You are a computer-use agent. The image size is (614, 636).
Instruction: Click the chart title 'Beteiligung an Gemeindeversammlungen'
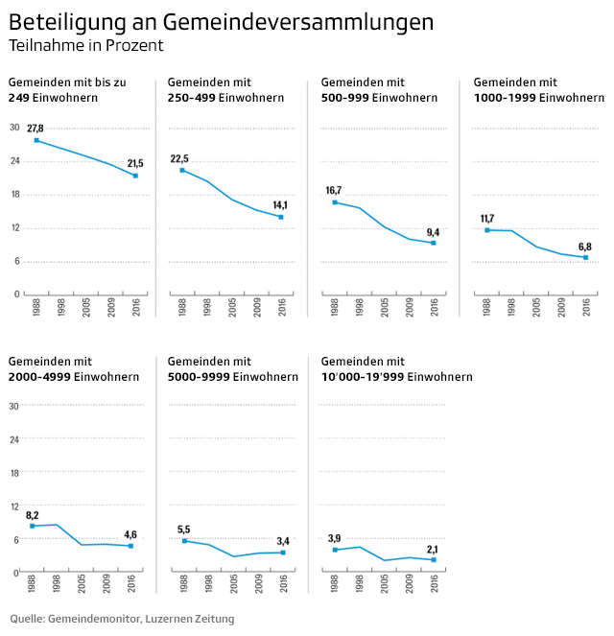(x=221, y=21)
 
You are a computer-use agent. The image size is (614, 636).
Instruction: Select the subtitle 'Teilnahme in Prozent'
(x=85, y=45)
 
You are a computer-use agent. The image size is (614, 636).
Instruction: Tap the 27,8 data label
(x=35, y=129)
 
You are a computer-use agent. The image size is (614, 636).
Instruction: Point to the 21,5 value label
(x=135, y=164)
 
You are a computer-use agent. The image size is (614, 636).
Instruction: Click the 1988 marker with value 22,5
(x=182, y=170)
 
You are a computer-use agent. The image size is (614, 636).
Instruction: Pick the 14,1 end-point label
(x=280, y=205)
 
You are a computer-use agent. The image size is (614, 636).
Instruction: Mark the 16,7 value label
(x=334, y=191)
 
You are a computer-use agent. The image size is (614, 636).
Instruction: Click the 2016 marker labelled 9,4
(x=433, y=243)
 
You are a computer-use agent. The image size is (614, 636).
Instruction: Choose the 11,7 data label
(x=487, y=219)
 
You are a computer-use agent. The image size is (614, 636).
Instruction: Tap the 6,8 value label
(x=585, y=247)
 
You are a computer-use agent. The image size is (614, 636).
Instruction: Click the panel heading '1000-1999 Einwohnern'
(x=538, y=98)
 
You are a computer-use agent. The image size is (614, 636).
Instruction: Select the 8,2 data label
(x=32, y=515)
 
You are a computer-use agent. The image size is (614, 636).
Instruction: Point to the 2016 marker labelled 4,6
(x=131, y=546)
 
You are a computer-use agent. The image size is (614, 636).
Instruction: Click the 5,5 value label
(x=184, y=530)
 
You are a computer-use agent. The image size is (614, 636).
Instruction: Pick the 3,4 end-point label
(x=282, y=541)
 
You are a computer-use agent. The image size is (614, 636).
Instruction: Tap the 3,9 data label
(x=334, y=538)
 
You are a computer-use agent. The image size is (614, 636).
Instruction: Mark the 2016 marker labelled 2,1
(x=433, y=559)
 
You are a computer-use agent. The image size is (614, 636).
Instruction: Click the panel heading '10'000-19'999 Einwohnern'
(x=396, y=377)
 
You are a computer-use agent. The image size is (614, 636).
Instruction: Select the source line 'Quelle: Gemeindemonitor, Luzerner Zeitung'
(x=122, y=619)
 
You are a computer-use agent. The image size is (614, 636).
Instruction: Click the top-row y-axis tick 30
(x=14, y=128)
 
